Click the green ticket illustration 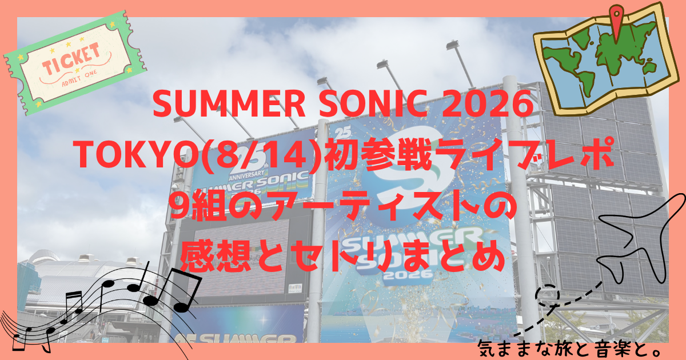point(75,63)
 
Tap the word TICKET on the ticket point(71,59)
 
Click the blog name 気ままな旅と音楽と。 point(568,349)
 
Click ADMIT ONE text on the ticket point(79,78)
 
